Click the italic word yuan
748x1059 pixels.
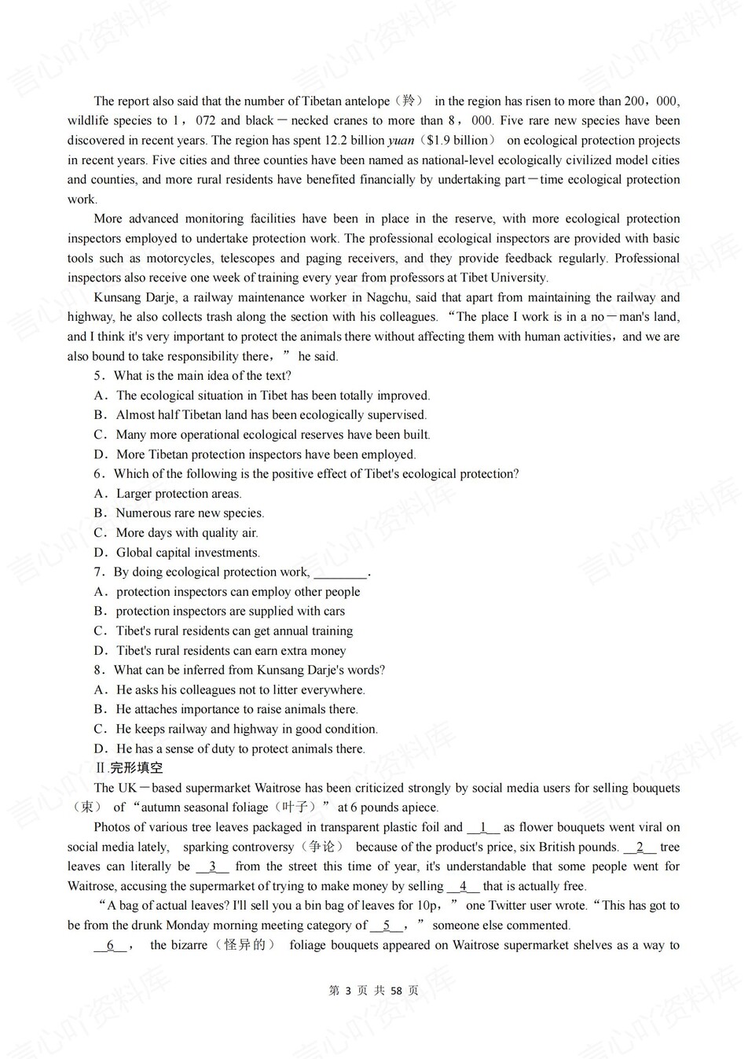tap(401, 141)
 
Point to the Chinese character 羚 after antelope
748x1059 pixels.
tap(409, 101)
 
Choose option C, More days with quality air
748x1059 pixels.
tap(186, 533)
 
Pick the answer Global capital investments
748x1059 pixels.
tap(188, 553)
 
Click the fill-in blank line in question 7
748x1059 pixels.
tap(340, 572)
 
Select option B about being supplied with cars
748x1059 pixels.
tap(229, 612)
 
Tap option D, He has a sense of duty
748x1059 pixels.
tap(240, 749)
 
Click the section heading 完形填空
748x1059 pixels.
tap(136, 768)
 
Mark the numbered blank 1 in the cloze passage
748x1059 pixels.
tap(483, 828)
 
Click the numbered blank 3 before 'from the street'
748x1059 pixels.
tap(212, 867)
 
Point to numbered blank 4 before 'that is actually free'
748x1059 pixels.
tap(463, 887)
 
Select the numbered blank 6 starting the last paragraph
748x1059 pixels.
tap(110, 946)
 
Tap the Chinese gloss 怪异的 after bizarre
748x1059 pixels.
tap(244, 945)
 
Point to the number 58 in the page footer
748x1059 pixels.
tap(396, 991)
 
